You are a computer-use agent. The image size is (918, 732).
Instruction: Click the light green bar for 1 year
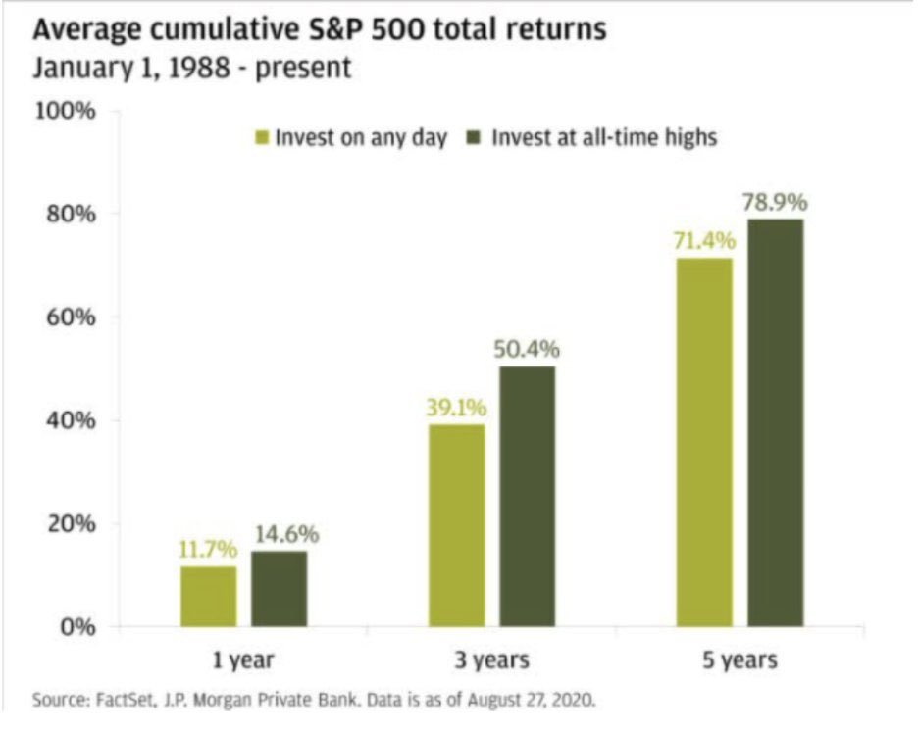(x=208, y=596)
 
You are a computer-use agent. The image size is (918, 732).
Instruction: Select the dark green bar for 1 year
(x=279, y=588)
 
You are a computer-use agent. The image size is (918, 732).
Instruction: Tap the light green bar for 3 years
(x=456, y=525)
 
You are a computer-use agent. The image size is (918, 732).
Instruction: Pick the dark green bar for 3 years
(x=527, y=496)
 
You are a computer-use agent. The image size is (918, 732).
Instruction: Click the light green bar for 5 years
(x=703, y=442)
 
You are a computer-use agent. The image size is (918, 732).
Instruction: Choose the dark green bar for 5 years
(x=775, y=422)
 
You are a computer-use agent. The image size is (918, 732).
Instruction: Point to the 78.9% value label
(x=775, y=203)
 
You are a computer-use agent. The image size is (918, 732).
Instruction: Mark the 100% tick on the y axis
(x=66, y=110)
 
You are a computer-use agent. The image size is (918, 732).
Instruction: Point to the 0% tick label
(x=76, y=627)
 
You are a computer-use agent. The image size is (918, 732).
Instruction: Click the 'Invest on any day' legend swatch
(x=260, y=138)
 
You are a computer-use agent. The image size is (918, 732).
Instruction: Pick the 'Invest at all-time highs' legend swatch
(x=477, y=138)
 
